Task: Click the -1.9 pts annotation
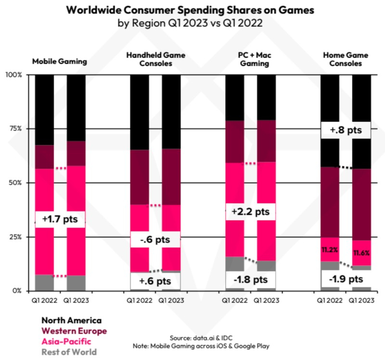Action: (345, 279)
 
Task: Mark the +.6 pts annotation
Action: (154, 281)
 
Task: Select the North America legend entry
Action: (71, 321)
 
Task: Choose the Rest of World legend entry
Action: (69, 352)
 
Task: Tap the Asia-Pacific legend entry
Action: (65, 341)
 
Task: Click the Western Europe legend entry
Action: (74, 331)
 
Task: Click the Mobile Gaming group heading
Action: (59, 61)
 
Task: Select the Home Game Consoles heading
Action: (346, 59)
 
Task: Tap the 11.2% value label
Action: (330, 249)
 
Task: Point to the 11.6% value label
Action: (361, 253)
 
